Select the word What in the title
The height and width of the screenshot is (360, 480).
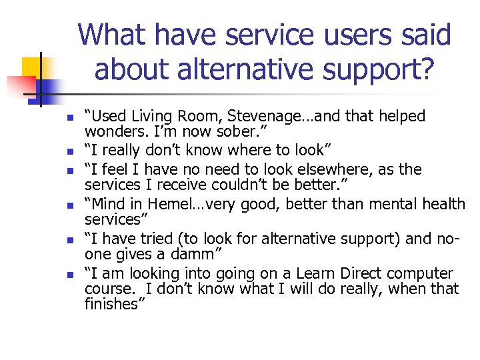(113, 35)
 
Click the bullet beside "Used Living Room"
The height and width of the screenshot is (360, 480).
(69, 118)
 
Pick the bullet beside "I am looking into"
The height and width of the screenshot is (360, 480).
(69, 275)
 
